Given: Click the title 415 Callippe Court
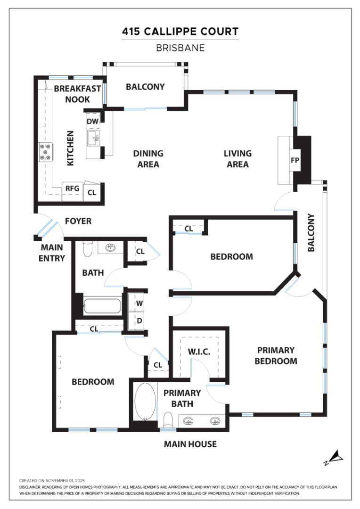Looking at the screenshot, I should (180, 32).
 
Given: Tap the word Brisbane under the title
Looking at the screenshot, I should (180, 48).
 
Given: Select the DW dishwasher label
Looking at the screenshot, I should (92, 121).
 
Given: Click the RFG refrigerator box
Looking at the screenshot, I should (72, 189).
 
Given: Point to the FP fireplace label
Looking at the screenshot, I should (295, 160).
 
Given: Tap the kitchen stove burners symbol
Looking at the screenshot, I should (46, 152).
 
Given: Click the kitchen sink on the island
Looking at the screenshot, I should (93, 138).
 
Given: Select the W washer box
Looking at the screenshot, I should (139, 303).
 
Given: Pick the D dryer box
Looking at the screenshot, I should (139, 321).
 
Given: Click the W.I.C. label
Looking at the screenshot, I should (198, 352).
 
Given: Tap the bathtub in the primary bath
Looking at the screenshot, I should (145, 401).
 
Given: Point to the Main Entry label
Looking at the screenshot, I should (53, 252).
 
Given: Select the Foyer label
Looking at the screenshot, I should (78, 221).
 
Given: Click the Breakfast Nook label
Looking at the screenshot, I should (77, 94).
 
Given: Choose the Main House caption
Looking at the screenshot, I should (190, 444).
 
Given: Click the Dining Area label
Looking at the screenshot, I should (148, 159).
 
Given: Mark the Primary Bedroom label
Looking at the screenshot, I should (276, 356).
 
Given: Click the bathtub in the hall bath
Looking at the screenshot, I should (102, 306).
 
